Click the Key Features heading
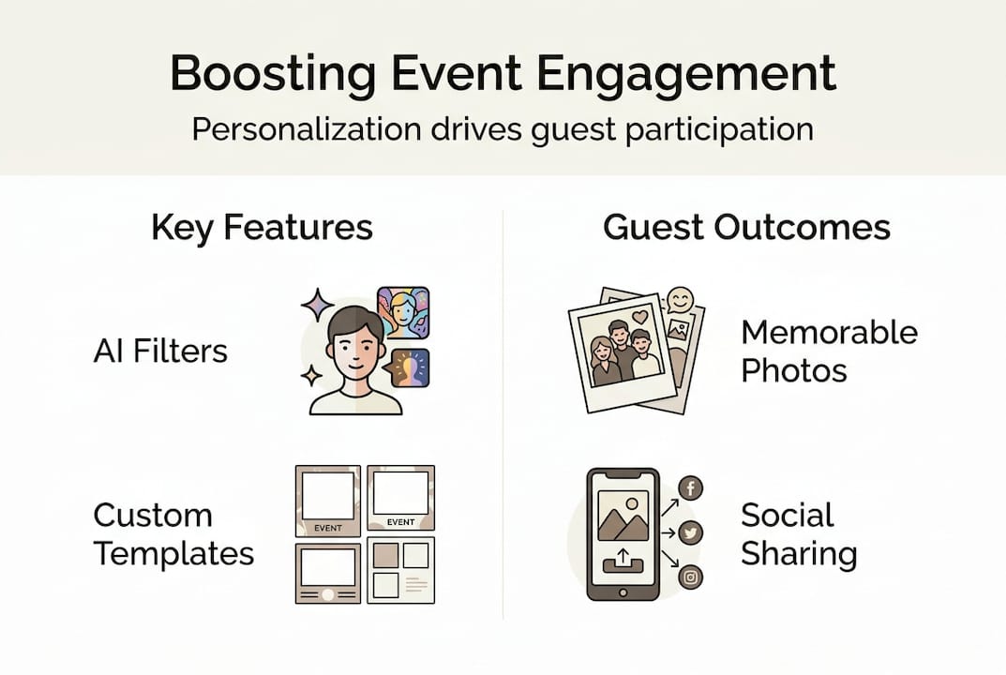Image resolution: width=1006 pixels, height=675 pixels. [x=262, y=228]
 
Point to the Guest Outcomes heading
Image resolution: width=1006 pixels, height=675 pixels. [x=746, y=228]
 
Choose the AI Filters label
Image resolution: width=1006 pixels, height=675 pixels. [x=160, y=352]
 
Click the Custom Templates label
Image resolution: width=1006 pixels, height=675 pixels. [x=173, y=534]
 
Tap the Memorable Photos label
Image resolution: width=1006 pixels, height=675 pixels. [x=829, y=352]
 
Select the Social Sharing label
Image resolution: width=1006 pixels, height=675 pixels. [x=798, y=534]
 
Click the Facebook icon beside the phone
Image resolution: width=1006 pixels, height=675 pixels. [x=690, y=487]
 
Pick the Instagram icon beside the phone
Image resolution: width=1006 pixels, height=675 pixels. [x=690, y=577]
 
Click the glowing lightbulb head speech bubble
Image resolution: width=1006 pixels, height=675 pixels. [x=410, y=367]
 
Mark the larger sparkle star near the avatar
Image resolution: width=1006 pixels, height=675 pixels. [x=317, y=306]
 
